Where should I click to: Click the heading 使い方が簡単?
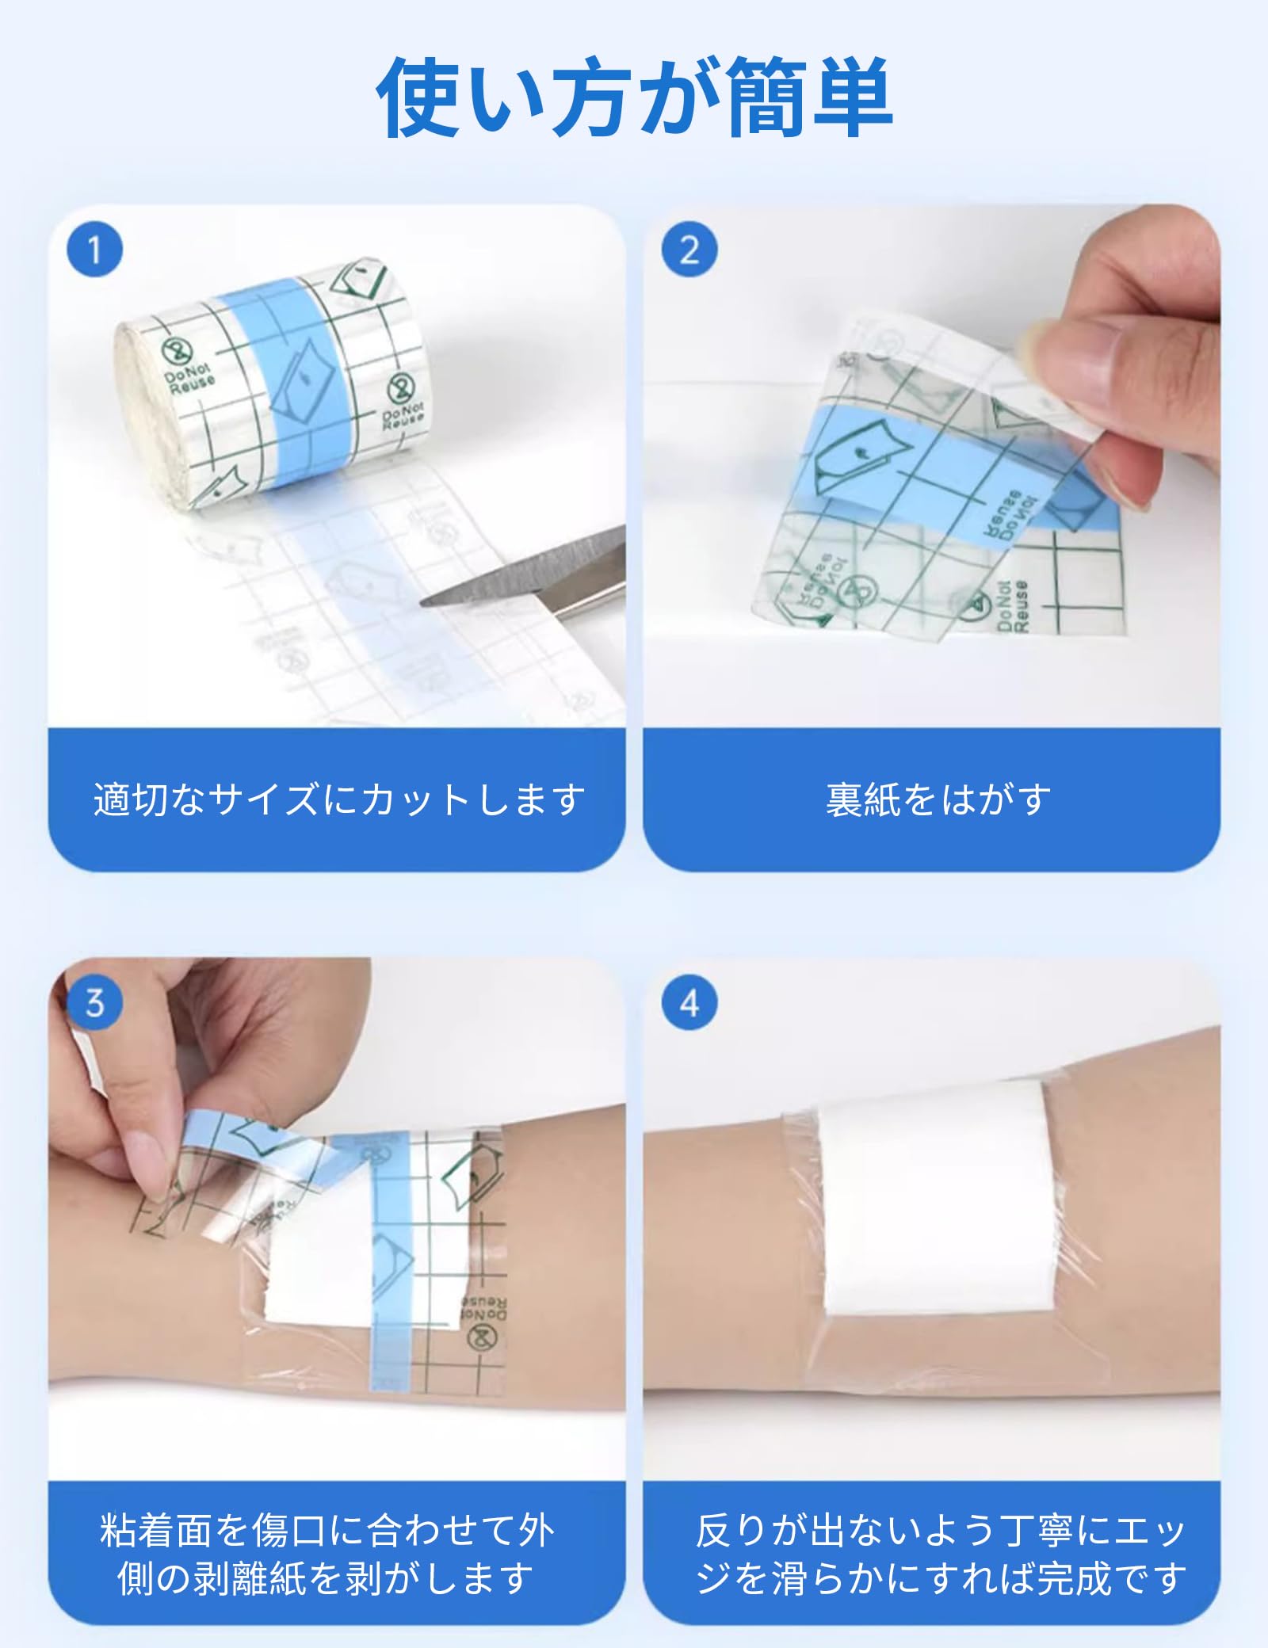[634, 98]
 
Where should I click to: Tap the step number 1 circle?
[94, 250]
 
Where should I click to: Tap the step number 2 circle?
[689, 250]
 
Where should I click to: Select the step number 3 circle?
[94, 1002]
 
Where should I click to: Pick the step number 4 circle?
[689, 1002]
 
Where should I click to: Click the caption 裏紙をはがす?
[938, 799]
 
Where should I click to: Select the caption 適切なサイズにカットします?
[339, 799]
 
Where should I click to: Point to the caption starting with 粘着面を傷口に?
[327, 1555]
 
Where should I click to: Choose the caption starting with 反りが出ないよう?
[940, 1555]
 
